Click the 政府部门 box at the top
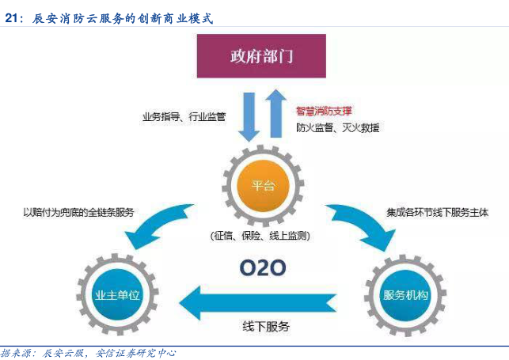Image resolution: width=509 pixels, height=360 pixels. coord(261,57)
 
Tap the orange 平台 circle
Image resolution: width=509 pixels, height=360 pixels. coord(262,186)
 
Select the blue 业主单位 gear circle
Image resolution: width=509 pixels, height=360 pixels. coord(116,295)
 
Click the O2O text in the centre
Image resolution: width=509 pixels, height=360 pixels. coord(261,267)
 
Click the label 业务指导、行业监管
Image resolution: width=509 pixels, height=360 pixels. coord(184,117)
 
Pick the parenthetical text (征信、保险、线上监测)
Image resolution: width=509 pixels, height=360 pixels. coord(260,235)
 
